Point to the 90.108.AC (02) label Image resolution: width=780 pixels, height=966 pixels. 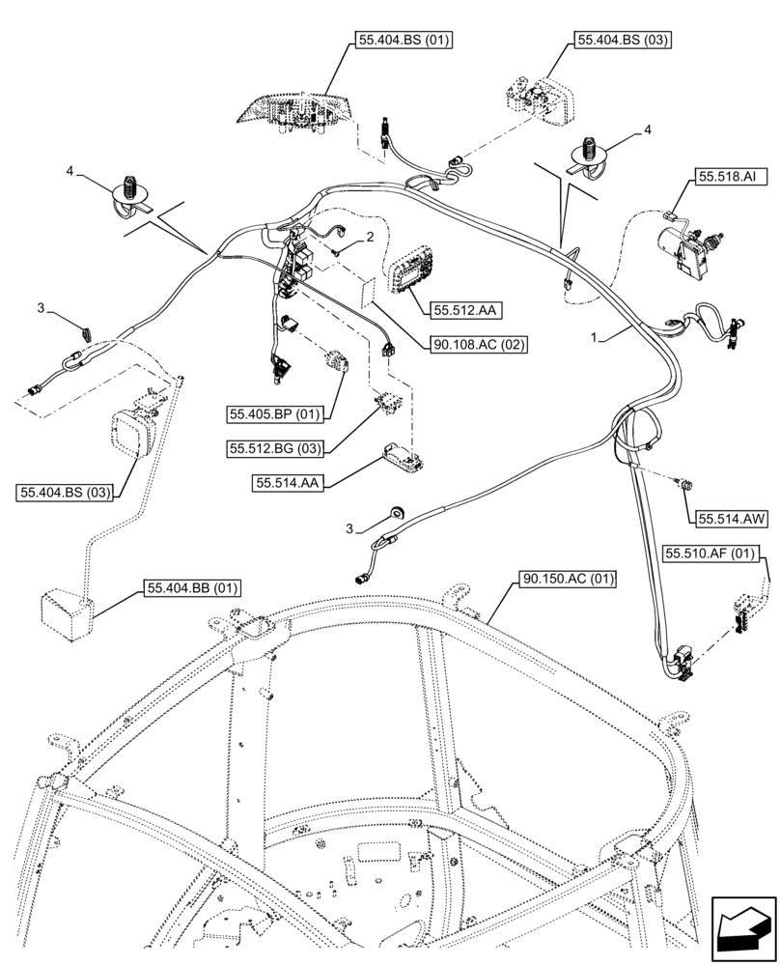pos(479,344)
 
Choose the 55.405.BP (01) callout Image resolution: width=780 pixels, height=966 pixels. pos(276,414)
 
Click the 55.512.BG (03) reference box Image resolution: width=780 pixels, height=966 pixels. pos(276,448)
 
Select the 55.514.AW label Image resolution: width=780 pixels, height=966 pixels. pos(728,519)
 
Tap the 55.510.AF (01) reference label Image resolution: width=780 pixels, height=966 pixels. pos(710,554)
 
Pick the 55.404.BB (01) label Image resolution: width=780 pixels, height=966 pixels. pos(193,587)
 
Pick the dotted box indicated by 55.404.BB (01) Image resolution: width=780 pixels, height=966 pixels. pos(67,611)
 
